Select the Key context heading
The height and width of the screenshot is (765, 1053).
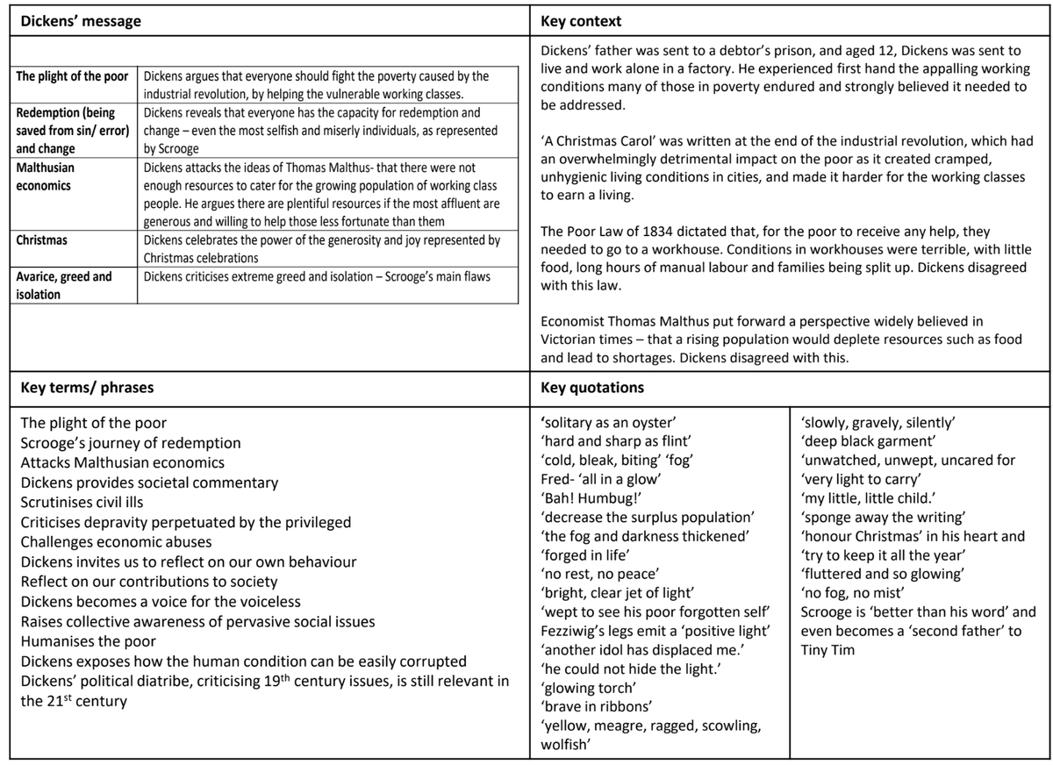(x=581, y=21)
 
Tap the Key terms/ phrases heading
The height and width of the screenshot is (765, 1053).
(x=88, y=387)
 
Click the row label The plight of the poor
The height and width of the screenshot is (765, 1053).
(x=72, y=77)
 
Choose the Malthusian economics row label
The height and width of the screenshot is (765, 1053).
(x=46, y=176)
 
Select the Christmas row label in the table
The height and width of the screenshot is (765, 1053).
(x=41, y=240)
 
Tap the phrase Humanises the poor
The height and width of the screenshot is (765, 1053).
(x=88, y=641)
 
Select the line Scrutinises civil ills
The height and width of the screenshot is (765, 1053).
(x=82, y=503)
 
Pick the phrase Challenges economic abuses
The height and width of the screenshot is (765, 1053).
(x=116, y=541)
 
